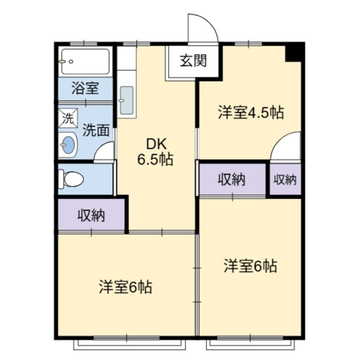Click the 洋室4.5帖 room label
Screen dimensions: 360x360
[250, 112]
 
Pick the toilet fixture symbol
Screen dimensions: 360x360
[71, 179]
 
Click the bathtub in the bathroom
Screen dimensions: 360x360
[85, 61]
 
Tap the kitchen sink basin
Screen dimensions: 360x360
[126, 100]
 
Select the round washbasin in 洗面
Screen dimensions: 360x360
[68, 145]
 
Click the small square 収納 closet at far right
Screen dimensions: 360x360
[285, 179]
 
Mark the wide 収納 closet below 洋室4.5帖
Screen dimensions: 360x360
[232, 179]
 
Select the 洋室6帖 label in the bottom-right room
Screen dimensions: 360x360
[250, 266]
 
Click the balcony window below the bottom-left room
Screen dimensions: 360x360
[130, 344]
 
